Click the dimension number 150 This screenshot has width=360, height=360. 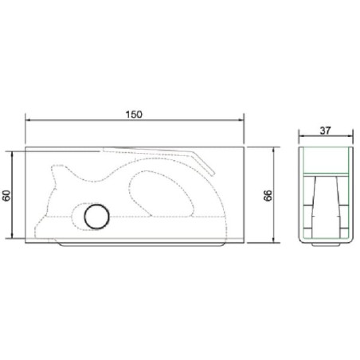click(134, 115)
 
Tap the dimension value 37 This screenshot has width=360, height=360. click(326, 131)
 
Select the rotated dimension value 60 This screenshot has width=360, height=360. click(7, 195)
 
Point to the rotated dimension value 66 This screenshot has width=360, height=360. click(268, 195)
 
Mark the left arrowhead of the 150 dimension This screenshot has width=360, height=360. click(28, 120)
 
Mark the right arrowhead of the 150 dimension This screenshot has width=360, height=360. click(241, 120)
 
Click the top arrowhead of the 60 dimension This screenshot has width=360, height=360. click(12, 155)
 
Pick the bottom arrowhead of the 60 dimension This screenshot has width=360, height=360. click(12, 236)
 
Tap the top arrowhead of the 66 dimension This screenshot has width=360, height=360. click(274, 150)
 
